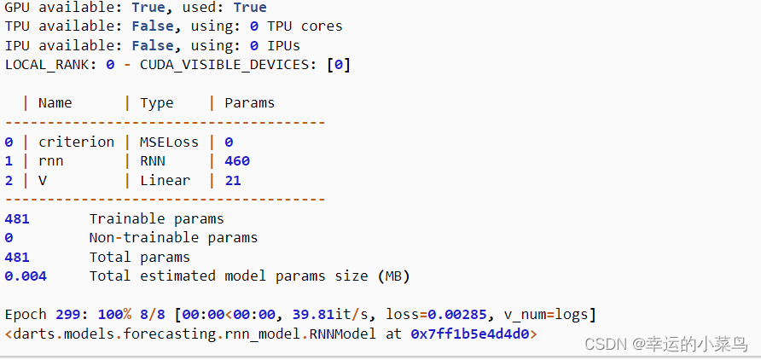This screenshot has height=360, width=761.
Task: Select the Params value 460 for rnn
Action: pyautogui.click(x=237, y=160)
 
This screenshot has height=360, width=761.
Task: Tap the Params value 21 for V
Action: pyautogui.click(x=233, y=180)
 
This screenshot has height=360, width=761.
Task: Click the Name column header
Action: pyautogui.click(x=55, y=103)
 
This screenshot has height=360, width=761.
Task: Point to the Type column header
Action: pyautogui.click(x=157, y=103)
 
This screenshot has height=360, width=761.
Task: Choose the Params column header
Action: pyautogui.click(x=250, y=103)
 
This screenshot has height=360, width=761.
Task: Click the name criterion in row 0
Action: pyautogui.click(x=77, y=142)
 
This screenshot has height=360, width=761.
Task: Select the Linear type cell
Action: pyautogui.click(x=166, y=180)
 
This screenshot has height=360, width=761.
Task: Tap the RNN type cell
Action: pyautogui.click(x=153, y=160)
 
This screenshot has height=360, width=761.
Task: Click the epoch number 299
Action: pyautogui.click(x=68, y=315)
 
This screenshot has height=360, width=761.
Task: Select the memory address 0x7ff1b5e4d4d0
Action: pyautogui.click(x=470, y=334)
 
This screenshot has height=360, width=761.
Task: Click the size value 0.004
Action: pyautogui.click(x=26, y=276)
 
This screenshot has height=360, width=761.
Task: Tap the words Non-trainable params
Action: pyautogui.click(x=173, y=238)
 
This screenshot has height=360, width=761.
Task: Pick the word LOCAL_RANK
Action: pyautogui.click(x=47, y=65)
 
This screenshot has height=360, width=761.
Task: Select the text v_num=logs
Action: pyautogui.click(x=550, y=315)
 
